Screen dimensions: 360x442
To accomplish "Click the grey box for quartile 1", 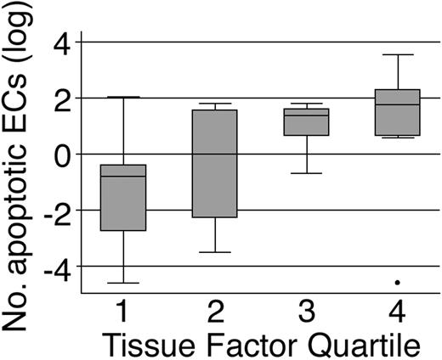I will (123, 197).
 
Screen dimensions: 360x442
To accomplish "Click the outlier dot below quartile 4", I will (398, 282).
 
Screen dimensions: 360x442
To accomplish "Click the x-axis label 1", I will (123, 311).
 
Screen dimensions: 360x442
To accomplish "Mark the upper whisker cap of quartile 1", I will (123, 98).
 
